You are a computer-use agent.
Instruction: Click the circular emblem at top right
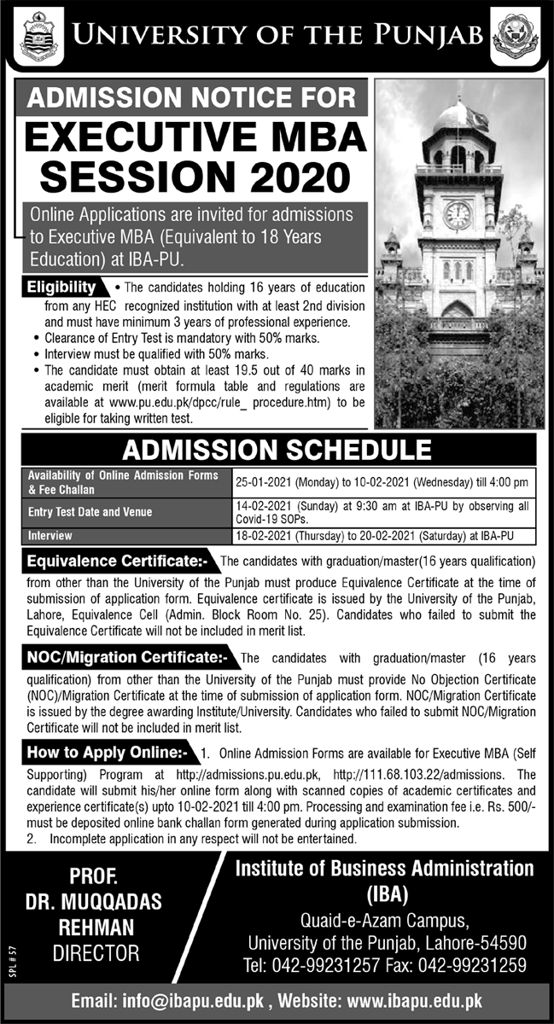(516, 36)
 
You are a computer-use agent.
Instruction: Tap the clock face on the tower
(457, 214)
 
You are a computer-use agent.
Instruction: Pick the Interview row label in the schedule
(50, 535)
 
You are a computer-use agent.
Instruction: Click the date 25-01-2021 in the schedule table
(270, 483)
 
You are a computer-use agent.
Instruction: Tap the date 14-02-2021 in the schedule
(270, 506)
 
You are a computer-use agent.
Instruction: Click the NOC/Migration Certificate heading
(127, 658)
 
